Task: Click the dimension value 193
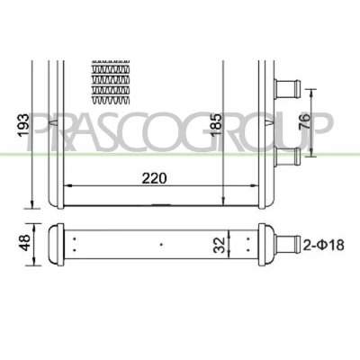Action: (23, 126)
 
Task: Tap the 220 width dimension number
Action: (154, 178)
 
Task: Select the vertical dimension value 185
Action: (215, 124)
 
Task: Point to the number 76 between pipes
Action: (304, 121)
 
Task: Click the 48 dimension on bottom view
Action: (24, 242)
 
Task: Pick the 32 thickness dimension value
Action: (220, 245)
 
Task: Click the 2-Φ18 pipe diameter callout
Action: (323, 245)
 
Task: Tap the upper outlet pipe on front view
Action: (287, 89)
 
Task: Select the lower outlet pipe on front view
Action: (287, 157)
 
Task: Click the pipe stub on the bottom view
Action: (288, 245)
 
